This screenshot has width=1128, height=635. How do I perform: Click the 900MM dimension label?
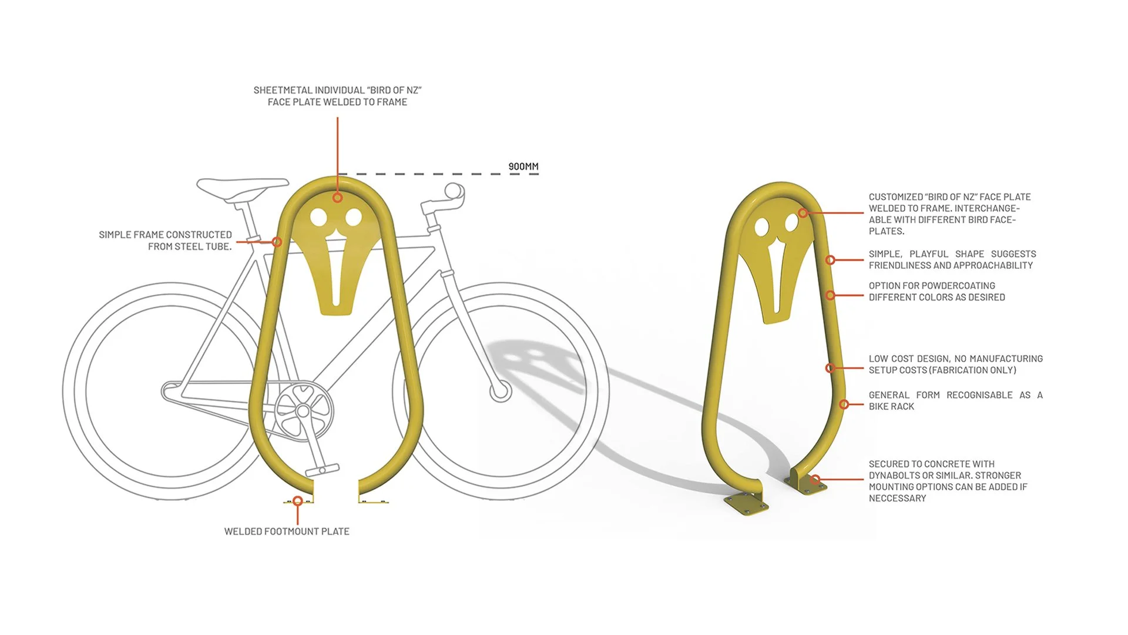pyautogui.click(x=523, y=167)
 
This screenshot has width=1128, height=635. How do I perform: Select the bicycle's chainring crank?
pyautogui.click(x=303, y=410)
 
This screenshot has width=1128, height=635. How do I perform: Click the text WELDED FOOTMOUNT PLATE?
pyautogui.click(x=287, y=532)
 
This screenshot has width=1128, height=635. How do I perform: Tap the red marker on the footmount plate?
pyautogui.click(x=298, y=501)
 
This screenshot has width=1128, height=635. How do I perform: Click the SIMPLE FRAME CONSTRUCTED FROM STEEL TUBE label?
pyautogui.click(x=165, y=240)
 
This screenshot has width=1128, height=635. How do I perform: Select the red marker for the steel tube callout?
pyautogui.click(x=277, y=242)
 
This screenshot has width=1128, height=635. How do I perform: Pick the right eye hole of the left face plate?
pyautogui.click(x=354, y=218)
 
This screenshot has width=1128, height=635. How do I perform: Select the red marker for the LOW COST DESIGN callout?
pyautogui.click(x=830, y=368)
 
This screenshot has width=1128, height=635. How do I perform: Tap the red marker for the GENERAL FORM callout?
pyautogui.click(x=844, y=405)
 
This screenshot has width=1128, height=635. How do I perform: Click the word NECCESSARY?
pyautogui.click(x=897, y=499)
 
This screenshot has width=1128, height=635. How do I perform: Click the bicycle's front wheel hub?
pyautogui.click(x=501, y=390)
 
